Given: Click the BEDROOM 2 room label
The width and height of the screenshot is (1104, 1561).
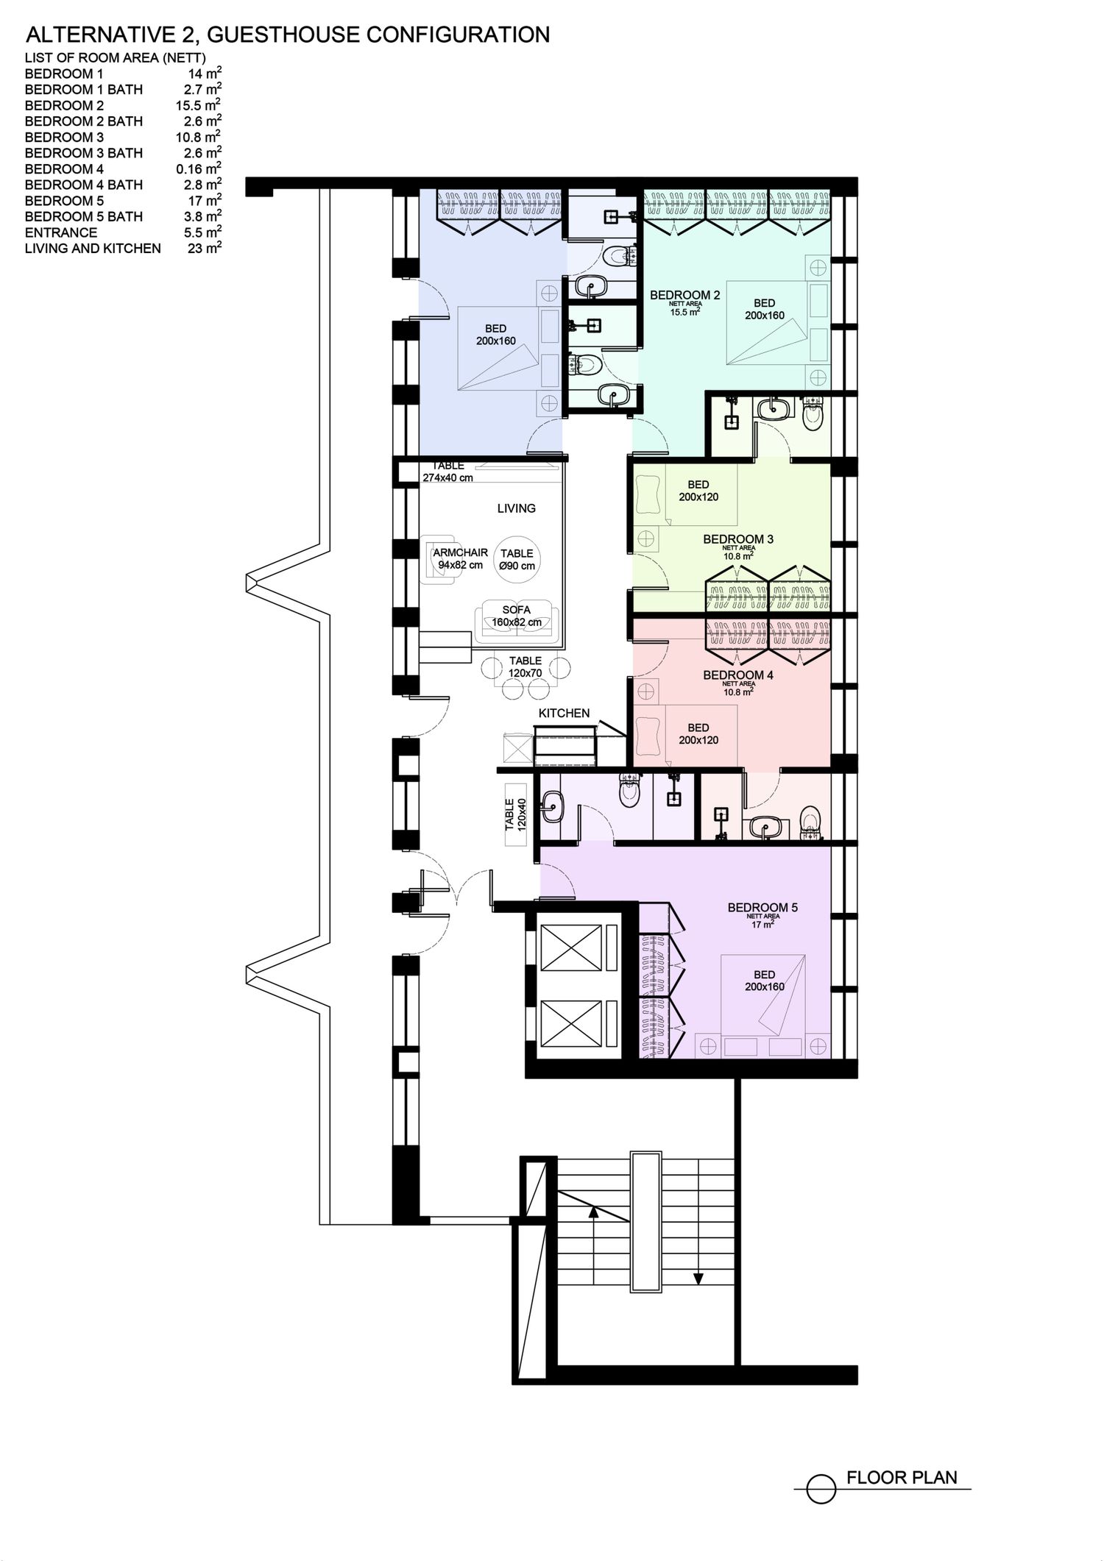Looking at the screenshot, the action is [684, 295].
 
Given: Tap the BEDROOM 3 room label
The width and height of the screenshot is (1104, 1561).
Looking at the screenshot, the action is [738, 539].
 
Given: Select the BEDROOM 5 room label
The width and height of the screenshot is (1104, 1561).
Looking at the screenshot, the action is [762, 908].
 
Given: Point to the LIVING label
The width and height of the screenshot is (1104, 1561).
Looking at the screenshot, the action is [517, 508].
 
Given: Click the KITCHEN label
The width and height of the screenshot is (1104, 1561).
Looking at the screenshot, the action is [564, 713].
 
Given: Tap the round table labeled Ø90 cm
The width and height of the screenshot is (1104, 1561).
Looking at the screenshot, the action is [517, 561].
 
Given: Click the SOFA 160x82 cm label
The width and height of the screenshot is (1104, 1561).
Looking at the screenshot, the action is [517, 616].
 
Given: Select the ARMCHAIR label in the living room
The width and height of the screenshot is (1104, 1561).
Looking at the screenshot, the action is [461, 552].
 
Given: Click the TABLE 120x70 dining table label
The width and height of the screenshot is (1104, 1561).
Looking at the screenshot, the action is [526, 666].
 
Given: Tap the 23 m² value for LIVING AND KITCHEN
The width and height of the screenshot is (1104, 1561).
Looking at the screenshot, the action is [205, 248].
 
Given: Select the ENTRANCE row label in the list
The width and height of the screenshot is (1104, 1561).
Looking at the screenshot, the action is [61, 232].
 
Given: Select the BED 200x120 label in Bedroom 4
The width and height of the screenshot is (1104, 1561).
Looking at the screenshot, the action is [698, 734].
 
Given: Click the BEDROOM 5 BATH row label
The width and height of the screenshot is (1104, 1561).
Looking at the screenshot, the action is [84, 216].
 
